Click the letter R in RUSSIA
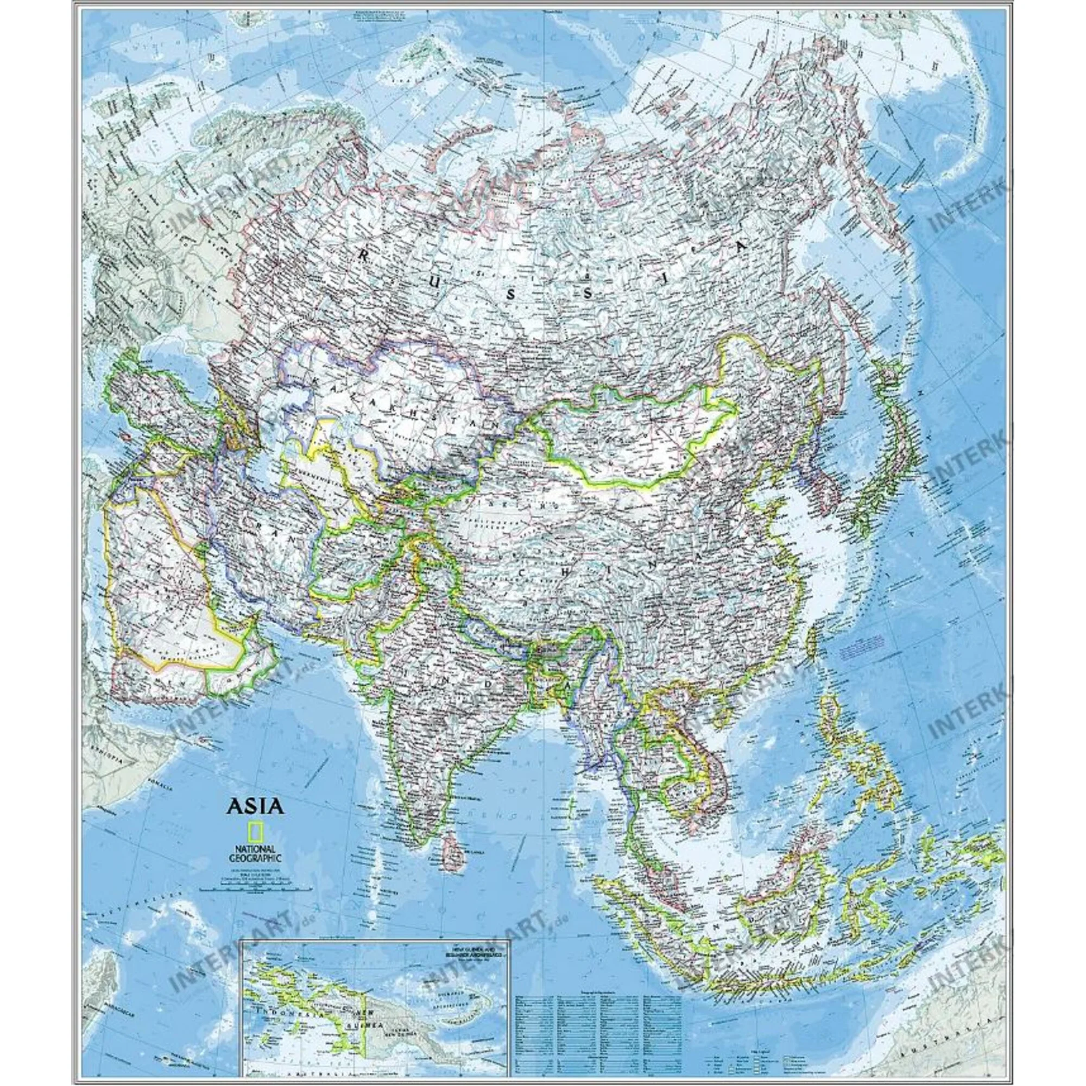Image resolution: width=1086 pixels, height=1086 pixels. pos(363,256)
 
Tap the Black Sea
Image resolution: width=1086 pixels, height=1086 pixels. pos(163,360)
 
